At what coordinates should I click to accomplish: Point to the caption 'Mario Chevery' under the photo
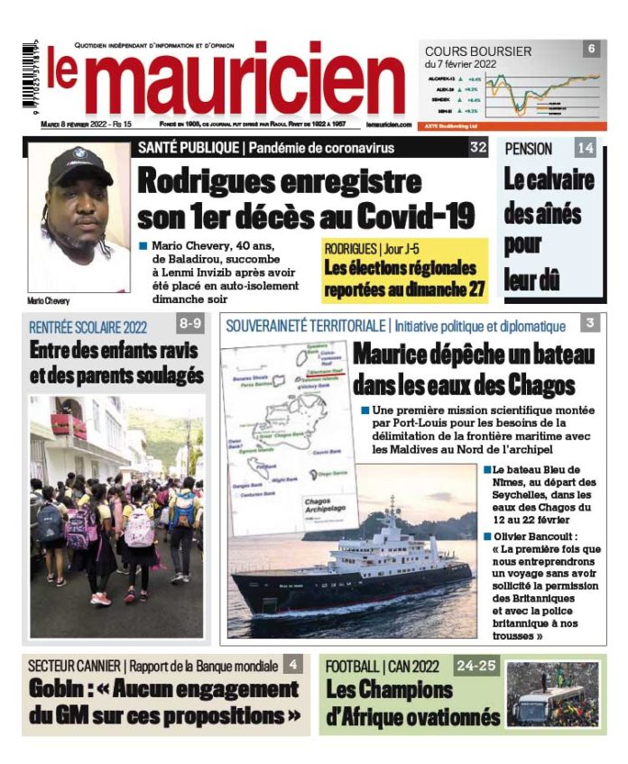click(x=49, y=300)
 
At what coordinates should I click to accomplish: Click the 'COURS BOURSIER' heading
click(x=478, y=51)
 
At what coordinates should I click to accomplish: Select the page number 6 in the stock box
click(x=591, y=49)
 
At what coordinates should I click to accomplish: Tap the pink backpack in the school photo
click(x=138, y=529)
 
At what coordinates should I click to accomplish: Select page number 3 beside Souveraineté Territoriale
click(x=589, y=323)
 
